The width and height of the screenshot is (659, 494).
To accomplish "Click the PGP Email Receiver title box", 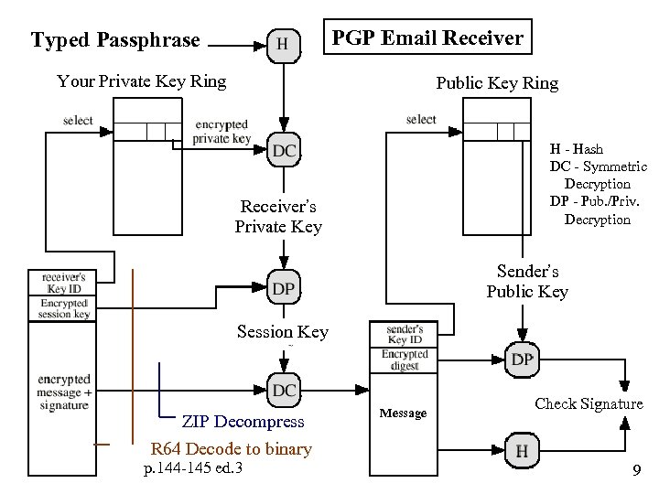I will pos(427,38).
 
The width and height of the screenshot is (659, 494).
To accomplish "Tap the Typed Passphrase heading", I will pos(115,40).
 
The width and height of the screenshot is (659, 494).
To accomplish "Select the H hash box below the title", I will pos(284,44).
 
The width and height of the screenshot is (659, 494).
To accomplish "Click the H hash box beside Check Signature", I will pos(522,450).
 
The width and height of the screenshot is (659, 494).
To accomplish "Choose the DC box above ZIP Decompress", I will pos(284,391).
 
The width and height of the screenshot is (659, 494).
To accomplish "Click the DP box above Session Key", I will pos(284,289).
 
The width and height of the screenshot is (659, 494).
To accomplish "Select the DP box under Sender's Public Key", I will pos(522,360).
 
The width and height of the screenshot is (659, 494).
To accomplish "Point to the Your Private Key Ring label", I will pos(141,81).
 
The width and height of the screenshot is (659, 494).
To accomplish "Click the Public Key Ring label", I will pos(497,83).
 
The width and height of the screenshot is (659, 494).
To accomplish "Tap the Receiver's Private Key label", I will pos(278,216).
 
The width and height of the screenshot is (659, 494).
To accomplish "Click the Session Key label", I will pos(282,332).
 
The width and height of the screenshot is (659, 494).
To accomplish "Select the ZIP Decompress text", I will pos(243,423).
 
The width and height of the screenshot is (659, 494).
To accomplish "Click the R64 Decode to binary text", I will pos(232,449).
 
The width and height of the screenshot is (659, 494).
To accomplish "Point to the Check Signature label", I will pos(589,403).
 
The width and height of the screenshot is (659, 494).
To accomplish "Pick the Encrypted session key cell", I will pos(63,308).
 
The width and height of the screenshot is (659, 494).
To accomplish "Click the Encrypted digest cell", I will pos(404,360).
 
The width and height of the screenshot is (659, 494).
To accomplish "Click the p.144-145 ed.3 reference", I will pos(193,470).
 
